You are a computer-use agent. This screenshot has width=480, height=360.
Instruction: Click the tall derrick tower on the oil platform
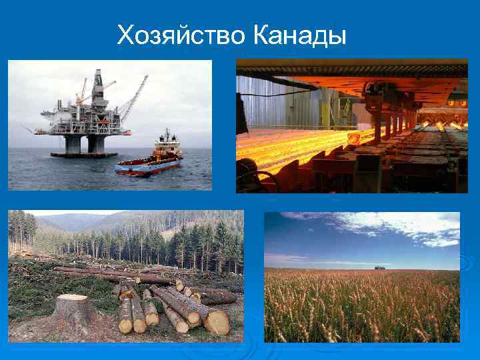[x=98, y=87]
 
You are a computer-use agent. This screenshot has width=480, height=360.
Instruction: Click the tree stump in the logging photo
[x=73, y=313]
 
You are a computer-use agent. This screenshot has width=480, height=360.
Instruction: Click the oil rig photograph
[x=110, y=125]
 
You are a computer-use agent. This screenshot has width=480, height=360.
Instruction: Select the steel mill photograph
[x=352, y=125]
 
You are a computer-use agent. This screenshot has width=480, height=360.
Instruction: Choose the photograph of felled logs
[x=125, y=276]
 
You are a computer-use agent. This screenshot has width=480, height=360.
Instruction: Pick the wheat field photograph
[x=362, y=277]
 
